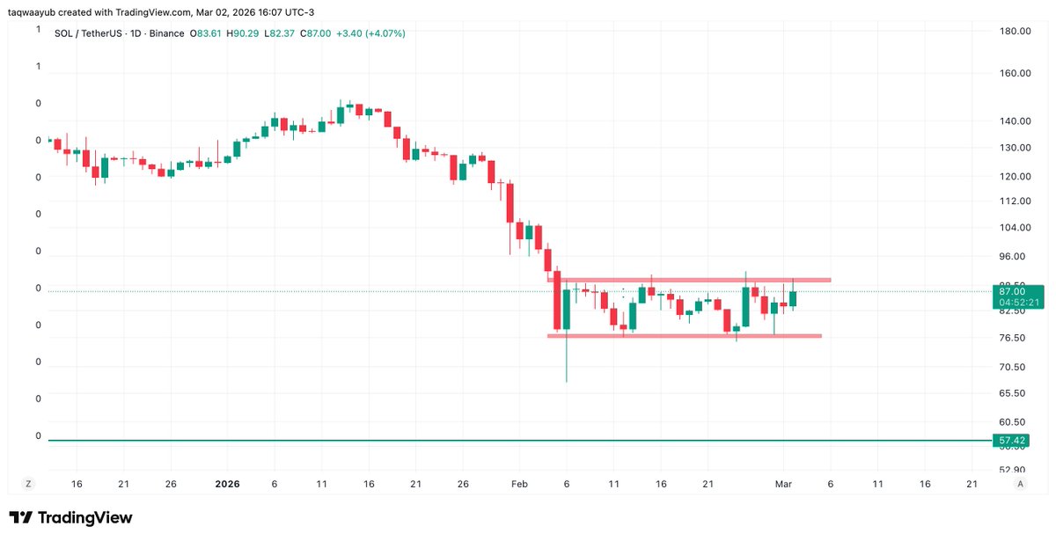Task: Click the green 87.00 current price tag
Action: (x=1013, y=291)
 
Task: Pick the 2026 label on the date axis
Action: (x=226, y=484)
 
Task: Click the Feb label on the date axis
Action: (x=519, y=484)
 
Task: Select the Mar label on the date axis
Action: (x=783, y=484)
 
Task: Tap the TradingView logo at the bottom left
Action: (x=70, y=518)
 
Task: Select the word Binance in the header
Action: (x=165, y=33)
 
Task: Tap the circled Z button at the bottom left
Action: (x=28, y=484)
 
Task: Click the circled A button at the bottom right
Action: (x=1020, y=484)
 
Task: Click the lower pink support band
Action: (x=686, y=336)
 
